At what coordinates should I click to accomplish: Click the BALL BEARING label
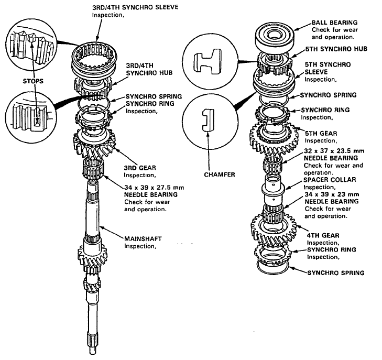(x=334, y=23)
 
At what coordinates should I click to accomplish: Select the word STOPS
(x=33, y=81)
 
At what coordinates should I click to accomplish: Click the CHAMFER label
(x=219, y=174)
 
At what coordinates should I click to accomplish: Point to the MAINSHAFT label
(x=143, y=239)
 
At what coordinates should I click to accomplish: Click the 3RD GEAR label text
(x=140, y=168)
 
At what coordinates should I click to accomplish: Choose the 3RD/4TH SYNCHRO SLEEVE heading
(x=135, y=7)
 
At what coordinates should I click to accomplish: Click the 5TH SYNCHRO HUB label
(x=336, y=49)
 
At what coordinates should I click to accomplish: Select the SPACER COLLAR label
(x=330, y=180)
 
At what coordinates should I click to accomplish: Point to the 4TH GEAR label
(x=323, y=235)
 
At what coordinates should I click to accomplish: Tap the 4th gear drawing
(x=274, y=230)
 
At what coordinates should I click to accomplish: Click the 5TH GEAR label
(x=321, y=134)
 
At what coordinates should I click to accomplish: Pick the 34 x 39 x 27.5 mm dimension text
(x=154, y=188)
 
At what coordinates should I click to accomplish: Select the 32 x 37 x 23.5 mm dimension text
(x=334, y=151)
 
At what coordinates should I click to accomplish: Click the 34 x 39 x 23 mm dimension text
(x=332, y=194)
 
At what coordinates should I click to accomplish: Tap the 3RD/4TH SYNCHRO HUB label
(x=149, y=69)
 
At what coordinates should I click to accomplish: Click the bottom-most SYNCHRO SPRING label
(x=336, y=273)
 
